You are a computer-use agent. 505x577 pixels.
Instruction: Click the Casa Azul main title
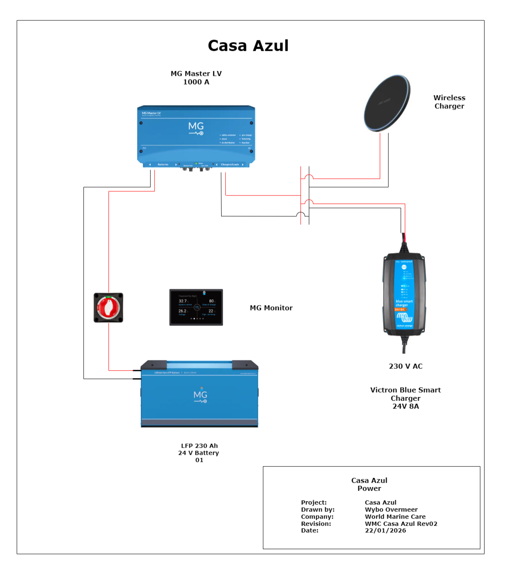click(248, 46)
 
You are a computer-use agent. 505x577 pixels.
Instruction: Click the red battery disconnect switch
click(109, 308)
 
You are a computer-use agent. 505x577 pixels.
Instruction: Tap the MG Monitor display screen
click(196, 307)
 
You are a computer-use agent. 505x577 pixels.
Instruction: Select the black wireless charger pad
click(387, 103)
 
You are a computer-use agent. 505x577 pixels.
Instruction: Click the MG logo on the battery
click(200, 396)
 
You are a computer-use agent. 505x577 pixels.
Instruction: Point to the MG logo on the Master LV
click(196, 128)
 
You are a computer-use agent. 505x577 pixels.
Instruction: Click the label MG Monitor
click(271, 308)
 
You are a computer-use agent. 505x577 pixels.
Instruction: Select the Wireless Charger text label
click(449, 102)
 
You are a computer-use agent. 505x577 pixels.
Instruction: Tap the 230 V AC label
click(405, 366)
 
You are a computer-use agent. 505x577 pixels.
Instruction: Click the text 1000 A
click(196, 82)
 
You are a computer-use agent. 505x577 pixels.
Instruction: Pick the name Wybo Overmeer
click(391, 509)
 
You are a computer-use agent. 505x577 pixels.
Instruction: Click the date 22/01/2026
click(385, 530)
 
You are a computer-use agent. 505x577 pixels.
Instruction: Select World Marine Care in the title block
click(395, 517)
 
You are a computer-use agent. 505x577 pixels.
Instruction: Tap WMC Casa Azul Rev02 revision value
click(401, 524)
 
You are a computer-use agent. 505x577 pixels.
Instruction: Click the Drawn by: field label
click(318, 509)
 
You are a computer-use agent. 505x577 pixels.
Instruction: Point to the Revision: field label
click(316, 524)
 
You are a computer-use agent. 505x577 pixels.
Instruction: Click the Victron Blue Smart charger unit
click(404, 294)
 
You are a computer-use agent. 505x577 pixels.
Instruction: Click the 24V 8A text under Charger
click(405, 406)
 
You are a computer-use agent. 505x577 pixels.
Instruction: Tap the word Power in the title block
click(369, 489)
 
